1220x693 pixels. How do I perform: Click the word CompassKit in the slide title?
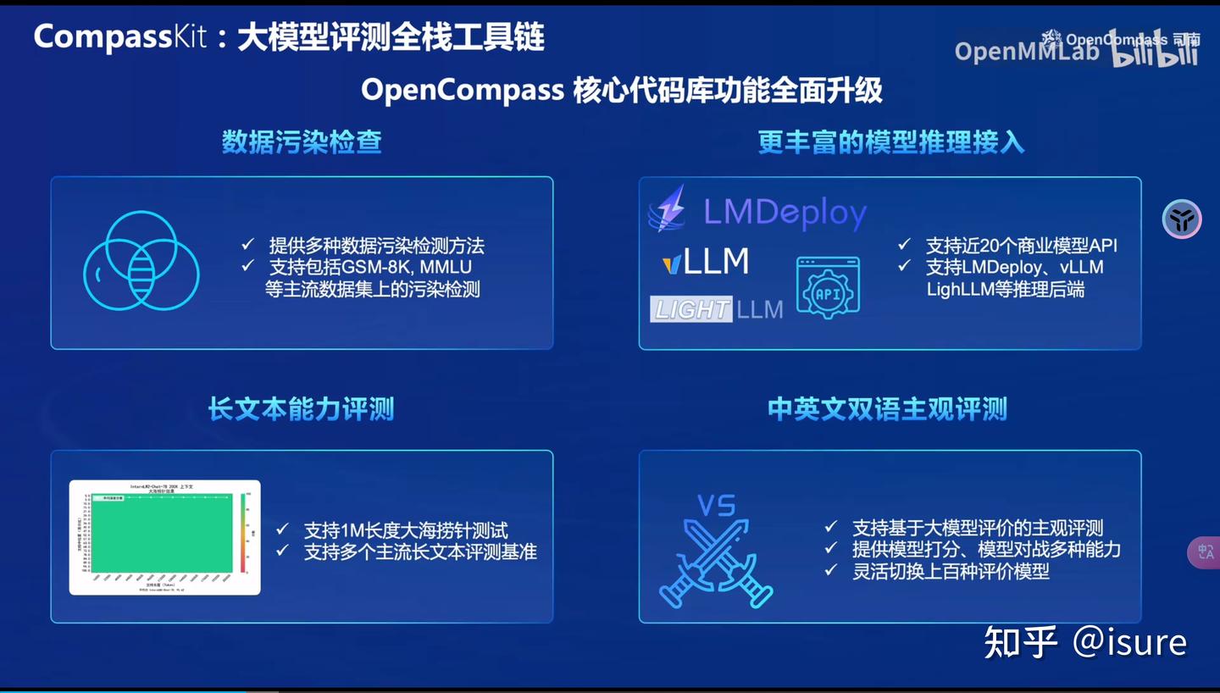click(x=120, y=37)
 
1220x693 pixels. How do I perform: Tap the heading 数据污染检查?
click(x=302, y=141)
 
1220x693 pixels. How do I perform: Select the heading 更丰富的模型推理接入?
click(x=890, y=142)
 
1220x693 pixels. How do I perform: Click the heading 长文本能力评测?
click(x=302, y=409)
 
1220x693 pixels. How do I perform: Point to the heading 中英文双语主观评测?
click(x=887, y=409)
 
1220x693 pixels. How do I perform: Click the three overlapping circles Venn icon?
click(x=141, y=260)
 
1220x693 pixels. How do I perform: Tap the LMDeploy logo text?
click(x=785, y=213)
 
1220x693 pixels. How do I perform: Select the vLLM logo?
click(x=705, y=262)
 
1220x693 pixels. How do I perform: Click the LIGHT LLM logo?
click(x=717, y=309)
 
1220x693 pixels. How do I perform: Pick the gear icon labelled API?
click(x=828, y=288)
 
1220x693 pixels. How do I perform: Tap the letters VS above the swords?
click(x=716, y=506)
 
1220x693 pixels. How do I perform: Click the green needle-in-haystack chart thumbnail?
click(x=164, y=537)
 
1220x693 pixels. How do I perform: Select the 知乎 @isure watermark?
click(x=1085, y=642)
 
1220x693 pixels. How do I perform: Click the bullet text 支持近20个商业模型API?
click(x=1021, y=246)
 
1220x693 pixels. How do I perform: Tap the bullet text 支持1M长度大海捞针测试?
click(x=406, y=530)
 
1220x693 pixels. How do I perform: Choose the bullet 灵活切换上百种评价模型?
click(x=951, y=571)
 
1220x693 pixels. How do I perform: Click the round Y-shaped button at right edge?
click(x=1181, y=219)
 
